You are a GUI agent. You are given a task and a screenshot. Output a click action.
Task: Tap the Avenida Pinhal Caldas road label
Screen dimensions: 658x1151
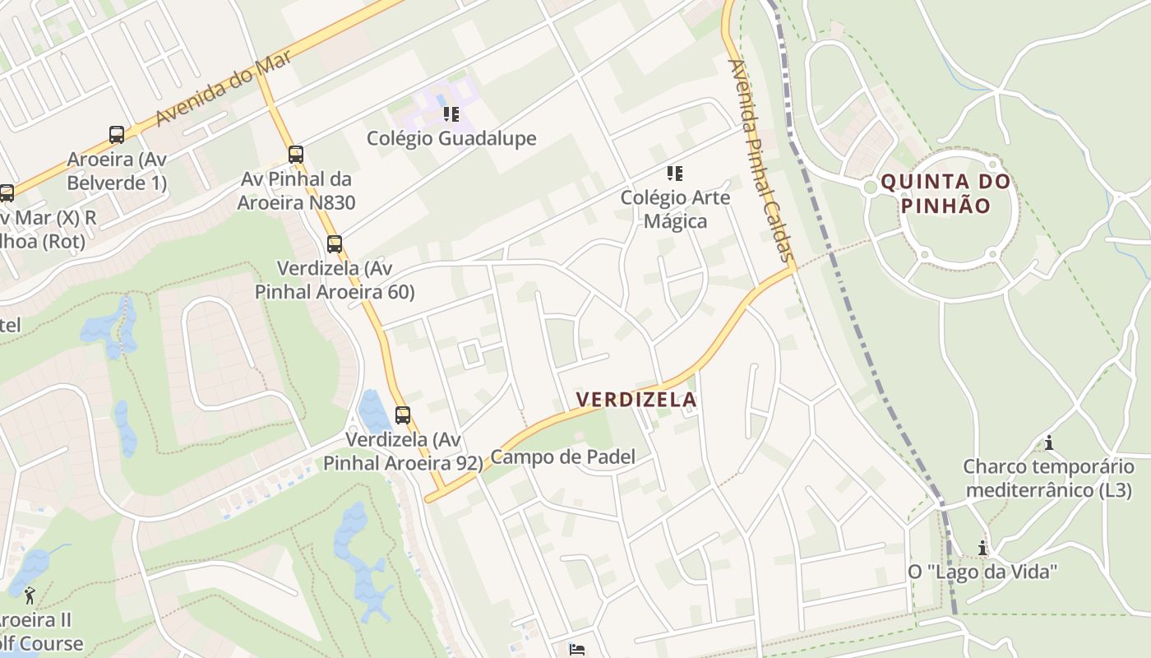[x=760, y=161]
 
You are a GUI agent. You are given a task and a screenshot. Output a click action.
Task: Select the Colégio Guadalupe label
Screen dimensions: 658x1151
[x=451, y=138]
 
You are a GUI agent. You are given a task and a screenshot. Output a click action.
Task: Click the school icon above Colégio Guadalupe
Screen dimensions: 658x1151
[x=451, y=114]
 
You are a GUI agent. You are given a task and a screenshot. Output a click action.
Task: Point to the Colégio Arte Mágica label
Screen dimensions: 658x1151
[x=675, y=209]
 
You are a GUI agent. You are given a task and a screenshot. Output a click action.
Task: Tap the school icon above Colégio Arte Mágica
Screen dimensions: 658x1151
[x=675, y=173]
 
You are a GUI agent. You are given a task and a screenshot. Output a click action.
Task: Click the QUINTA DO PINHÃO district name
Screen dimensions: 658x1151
[x=945, y=193]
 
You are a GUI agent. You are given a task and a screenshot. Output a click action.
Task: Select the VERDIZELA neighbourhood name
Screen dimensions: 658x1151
[x=636, y=400]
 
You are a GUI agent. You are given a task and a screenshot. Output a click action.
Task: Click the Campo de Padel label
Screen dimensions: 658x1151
[x=563, y=457]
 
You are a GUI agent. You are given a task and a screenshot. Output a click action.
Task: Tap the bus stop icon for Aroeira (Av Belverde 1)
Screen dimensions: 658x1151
[x=117, y=134]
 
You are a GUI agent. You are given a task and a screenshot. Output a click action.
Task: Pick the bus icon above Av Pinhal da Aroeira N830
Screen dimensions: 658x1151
[x=296, y=154]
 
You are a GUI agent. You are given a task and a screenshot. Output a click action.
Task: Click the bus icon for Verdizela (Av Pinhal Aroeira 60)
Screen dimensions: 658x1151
[x=334, y=243]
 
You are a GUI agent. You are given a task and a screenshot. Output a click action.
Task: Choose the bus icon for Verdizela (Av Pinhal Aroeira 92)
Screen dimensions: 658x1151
[x=402, y=415]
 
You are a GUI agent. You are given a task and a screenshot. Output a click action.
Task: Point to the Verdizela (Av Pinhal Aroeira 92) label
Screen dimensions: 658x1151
[x=403, y=452]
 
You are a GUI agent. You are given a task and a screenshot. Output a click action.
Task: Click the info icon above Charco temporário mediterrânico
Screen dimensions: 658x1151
[x=1049, y=443]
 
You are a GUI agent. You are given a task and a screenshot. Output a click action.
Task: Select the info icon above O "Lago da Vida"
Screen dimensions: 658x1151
[x=982, y=547]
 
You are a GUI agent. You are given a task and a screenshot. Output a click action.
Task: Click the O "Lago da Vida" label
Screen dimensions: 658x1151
[x=982, y=572]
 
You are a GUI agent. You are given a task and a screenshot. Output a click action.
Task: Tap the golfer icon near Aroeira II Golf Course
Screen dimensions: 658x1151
[x=30, y=594]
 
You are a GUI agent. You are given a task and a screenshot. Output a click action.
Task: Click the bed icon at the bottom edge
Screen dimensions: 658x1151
[x=577, y=650]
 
